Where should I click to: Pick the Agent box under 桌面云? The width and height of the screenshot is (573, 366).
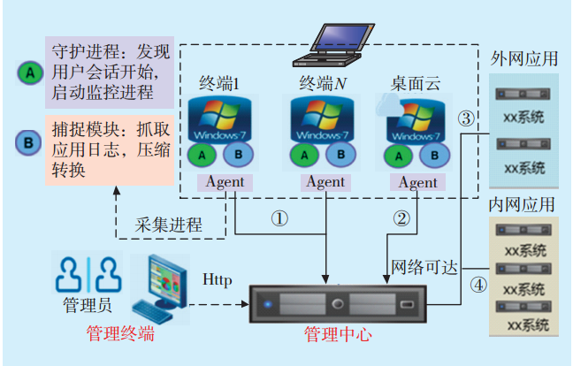tap(416, 182)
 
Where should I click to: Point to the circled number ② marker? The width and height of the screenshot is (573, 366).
tap(402, 218)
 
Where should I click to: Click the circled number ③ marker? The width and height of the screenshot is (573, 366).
tap(465, 118)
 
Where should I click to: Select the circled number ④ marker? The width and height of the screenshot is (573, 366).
tap(477, 286)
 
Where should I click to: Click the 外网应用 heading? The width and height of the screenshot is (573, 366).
tap(524, 59)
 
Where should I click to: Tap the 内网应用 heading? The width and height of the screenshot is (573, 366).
tap(523, 205)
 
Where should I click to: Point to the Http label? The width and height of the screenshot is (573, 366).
tap(218, 281)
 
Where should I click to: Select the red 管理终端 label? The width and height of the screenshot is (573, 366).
tap(120, 333)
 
